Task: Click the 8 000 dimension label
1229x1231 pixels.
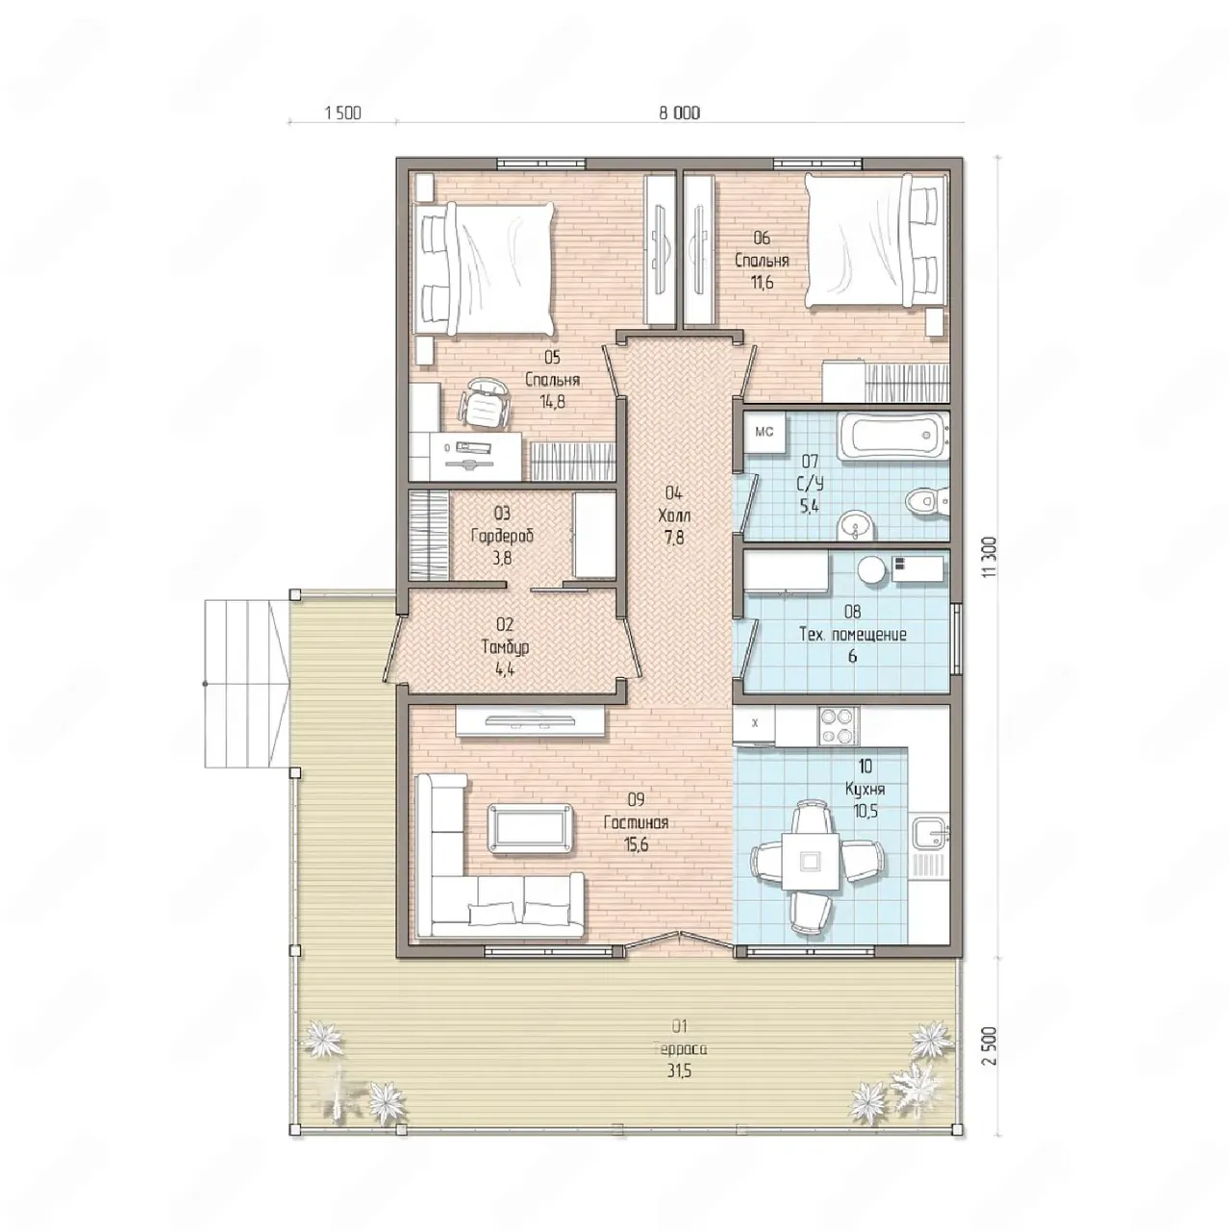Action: (679, 113)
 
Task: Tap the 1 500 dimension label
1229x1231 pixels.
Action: (343, 113)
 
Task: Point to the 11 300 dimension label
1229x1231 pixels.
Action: (991, 557)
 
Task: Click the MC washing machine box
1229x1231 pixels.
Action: (765, 434)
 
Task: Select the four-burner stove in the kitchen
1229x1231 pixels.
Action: (838, 726)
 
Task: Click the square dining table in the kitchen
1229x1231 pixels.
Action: (811, 861)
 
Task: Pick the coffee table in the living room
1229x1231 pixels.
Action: (530, 829)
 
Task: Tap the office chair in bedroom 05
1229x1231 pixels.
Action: (485, 402)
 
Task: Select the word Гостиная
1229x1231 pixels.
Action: (637, 822)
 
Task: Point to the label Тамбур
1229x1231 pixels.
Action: (505, 648)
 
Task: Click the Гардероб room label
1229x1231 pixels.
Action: (502, 536)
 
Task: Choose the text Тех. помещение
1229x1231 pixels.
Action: (853, 635)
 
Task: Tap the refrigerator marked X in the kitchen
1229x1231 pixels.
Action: (754, 725)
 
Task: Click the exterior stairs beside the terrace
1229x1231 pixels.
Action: (246, 684)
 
